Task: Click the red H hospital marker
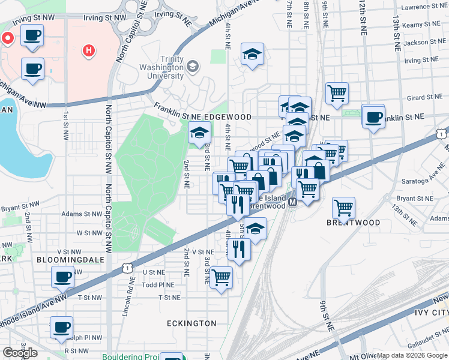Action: point(88,50)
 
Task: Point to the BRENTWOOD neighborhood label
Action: point(353,223)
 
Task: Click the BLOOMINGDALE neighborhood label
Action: point(70,260)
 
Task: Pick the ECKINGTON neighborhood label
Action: point(191,323)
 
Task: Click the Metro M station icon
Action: point(293,202)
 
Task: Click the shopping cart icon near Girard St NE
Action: point(337,93)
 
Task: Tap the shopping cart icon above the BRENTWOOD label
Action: point(343,208)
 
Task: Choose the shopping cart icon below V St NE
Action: point(221,277)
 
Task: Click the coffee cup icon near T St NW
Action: point(62,278)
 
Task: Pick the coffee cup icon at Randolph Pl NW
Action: point(61,328)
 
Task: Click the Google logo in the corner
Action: point(19,353)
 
